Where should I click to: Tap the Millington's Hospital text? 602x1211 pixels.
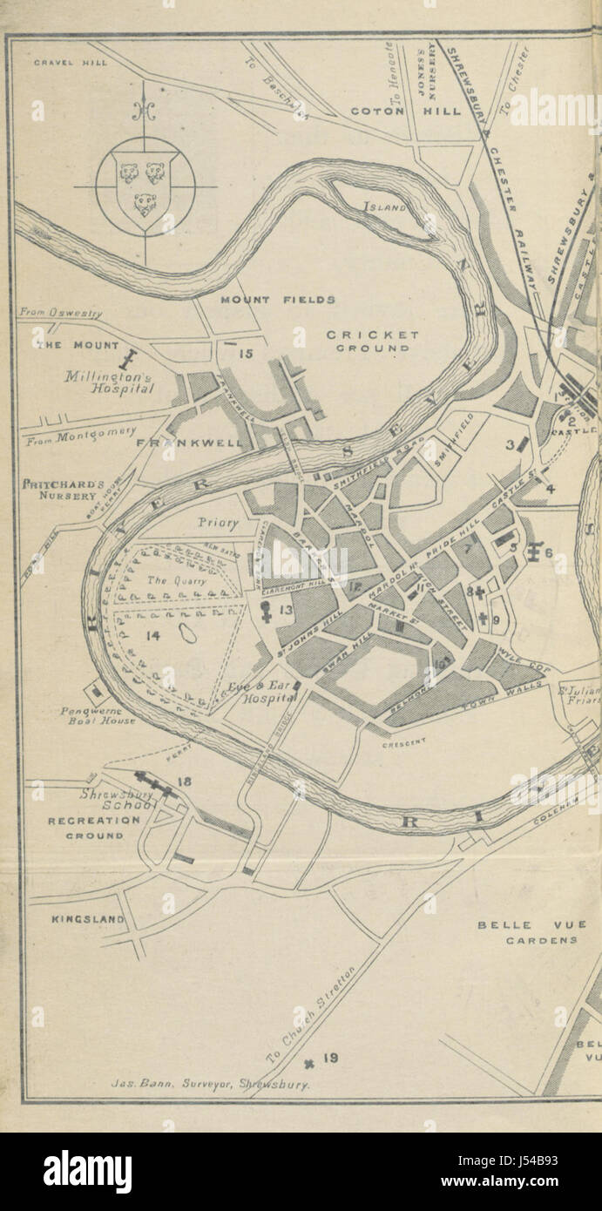coord(110,383)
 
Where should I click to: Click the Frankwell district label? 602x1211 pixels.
coord(190,443)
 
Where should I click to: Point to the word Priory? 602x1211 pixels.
coord(217,524)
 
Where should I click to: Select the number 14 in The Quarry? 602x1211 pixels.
coord(153,636)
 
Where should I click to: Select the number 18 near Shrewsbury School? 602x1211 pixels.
coord(184,781)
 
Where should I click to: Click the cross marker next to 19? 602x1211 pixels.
coord(309,1061)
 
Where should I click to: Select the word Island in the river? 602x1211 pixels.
coord(387,207)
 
